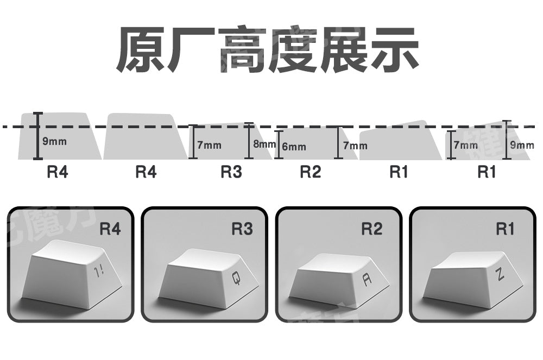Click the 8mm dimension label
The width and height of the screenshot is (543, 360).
pos(264,144)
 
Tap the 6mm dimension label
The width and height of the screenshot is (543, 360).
pos(294,147)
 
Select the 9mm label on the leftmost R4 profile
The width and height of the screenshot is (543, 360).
pos(54,142)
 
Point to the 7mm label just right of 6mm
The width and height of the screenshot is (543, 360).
pos(355,146)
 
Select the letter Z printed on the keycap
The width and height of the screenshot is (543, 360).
pos(500,275)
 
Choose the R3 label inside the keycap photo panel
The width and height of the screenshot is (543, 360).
pos(242,229)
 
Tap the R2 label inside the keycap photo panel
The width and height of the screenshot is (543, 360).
pos(372,229)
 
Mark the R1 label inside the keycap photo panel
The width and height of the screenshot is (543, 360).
pos(504,229)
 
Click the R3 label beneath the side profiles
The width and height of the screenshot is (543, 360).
pos(231,172)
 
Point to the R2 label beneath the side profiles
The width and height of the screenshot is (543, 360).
pos(311,172)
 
